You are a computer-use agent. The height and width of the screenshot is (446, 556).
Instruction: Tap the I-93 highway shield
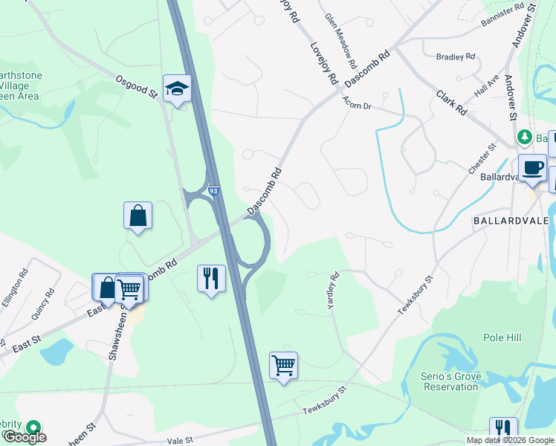point(214,192)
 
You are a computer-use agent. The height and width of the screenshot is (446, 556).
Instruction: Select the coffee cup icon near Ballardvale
point(532,168)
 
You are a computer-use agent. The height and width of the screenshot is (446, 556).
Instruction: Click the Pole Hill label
point(502,337)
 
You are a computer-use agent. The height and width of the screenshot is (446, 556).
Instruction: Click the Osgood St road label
point(136,86)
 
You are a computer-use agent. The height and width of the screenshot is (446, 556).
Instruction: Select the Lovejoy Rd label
point(325,62)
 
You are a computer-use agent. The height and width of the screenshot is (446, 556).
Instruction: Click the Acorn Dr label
point(357,106)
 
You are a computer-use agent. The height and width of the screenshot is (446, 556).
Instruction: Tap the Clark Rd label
point(451,103)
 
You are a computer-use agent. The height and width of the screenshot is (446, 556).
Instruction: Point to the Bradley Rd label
point(456,56)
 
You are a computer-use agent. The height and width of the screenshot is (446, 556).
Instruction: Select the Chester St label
point(482,160)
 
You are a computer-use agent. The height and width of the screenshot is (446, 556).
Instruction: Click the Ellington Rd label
point(14,287)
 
